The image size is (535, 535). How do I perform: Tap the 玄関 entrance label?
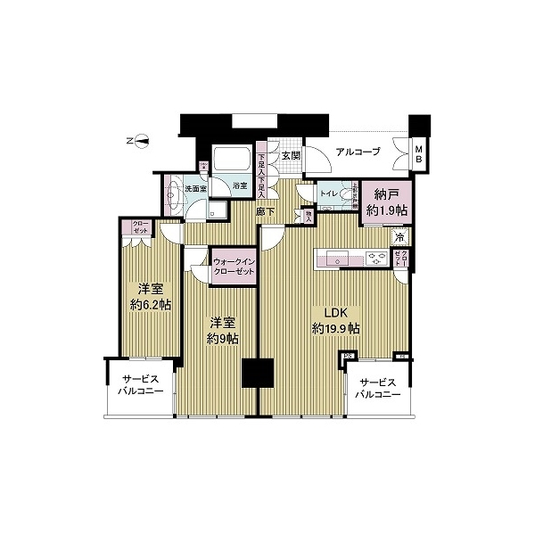291,155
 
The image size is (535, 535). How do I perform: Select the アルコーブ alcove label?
358,152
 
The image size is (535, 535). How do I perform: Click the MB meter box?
417,153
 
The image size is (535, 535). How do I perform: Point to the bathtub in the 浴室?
235,161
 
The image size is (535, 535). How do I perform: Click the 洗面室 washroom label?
195,189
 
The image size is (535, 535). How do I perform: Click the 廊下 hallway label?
266,212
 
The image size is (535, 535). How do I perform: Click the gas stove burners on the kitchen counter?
377,259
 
